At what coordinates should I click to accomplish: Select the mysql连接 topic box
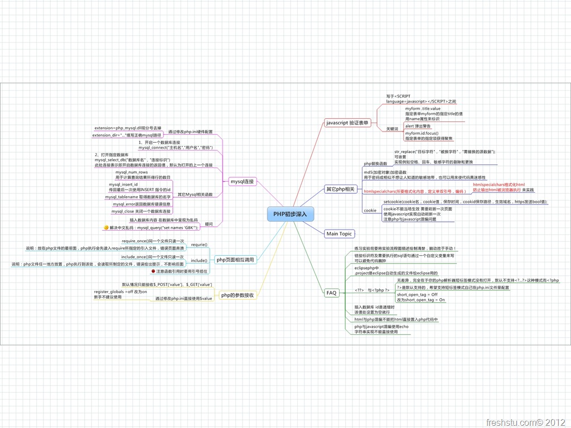click(242, 181)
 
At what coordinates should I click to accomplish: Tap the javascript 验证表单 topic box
click(347, 122)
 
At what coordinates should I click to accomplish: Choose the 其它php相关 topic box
click(340, 189)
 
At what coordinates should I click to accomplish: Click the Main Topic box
click(339, 234)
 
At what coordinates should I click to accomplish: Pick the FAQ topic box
click(332, 293)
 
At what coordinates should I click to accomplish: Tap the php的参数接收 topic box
click(238, 295)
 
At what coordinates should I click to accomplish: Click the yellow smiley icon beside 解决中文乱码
click(106, 228)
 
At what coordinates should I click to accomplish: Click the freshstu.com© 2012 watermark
click(526, 422)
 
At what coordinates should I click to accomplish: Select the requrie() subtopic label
click(199, 245)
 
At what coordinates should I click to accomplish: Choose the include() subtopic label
click(199, 260)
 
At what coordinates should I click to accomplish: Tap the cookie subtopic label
click(370, 211)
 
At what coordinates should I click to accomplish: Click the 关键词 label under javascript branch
click(393, 129)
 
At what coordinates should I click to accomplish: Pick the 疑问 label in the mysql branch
click(209, 224)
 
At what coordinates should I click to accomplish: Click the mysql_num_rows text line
click(132, 172)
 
